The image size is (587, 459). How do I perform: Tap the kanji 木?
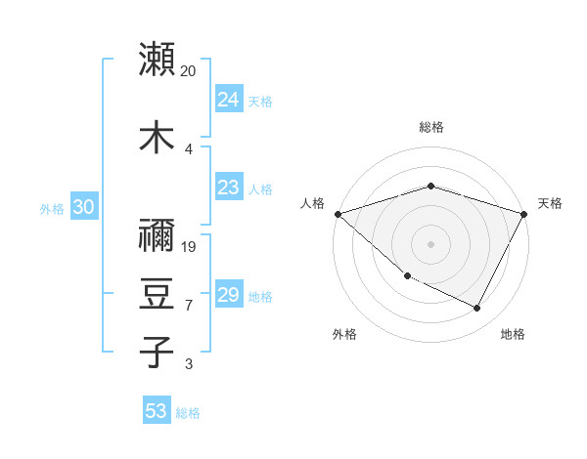click(x=158, y=138)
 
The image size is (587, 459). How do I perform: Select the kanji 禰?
click(x=158, y=234)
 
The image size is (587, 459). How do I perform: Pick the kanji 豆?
click(x=158, y=293)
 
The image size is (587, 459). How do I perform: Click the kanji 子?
click(x=158, y=353)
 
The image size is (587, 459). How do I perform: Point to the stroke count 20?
click(x=189, y=71)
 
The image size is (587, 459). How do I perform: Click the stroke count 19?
click(x=190, y=246)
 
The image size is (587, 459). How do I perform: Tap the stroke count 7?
click(x=189, y=306)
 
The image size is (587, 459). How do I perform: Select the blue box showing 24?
click(x=229, y=100)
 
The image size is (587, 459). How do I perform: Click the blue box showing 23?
click(x=229, y=188)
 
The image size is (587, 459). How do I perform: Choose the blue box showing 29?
click(x=229, y=295)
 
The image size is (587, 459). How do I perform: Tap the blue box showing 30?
click(x=83, y=207)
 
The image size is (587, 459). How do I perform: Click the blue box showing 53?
click(x=157, y=411)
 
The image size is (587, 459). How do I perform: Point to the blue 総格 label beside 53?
click(x=189, y=413)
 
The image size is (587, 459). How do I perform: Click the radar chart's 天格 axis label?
click(x=551, y=203)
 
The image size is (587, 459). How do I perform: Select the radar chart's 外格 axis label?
click(x=344, y=334)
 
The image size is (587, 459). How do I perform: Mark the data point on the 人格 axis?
click(x=338, y=213)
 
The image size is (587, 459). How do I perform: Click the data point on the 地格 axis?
click(x=477, y=309)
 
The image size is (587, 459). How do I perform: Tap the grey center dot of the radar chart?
click(x=430, y=243)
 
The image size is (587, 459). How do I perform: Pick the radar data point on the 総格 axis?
click(x=430, y=186)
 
